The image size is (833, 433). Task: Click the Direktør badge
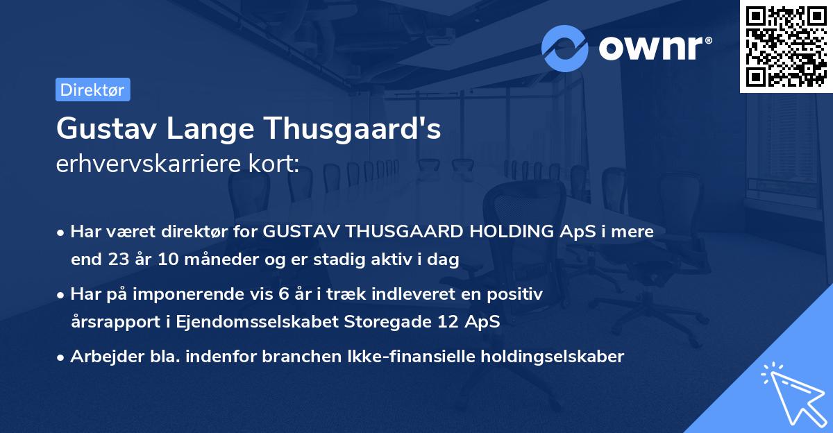click(92, 90)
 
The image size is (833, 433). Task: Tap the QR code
click(786, 46)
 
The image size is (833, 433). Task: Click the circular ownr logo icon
click(565, 49)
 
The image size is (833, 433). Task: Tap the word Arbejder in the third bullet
click(101, 357)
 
